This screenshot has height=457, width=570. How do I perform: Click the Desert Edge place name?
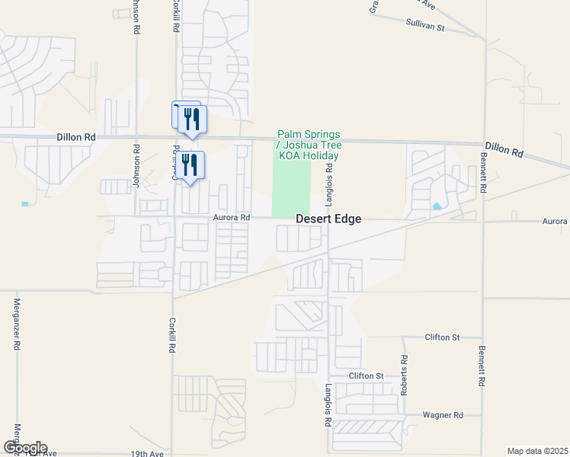click(328, 219)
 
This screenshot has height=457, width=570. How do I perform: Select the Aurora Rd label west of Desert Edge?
click(232, 217)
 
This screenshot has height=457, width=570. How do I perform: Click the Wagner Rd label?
click(444, 415)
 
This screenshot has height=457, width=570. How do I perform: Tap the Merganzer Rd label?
click(16, 324)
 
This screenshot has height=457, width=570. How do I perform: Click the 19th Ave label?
click(146, 454)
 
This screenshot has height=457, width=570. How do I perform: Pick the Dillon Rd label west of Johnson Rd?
click(75, 137)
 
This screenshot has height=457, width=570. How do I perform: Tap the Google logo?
click(25, 448)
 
